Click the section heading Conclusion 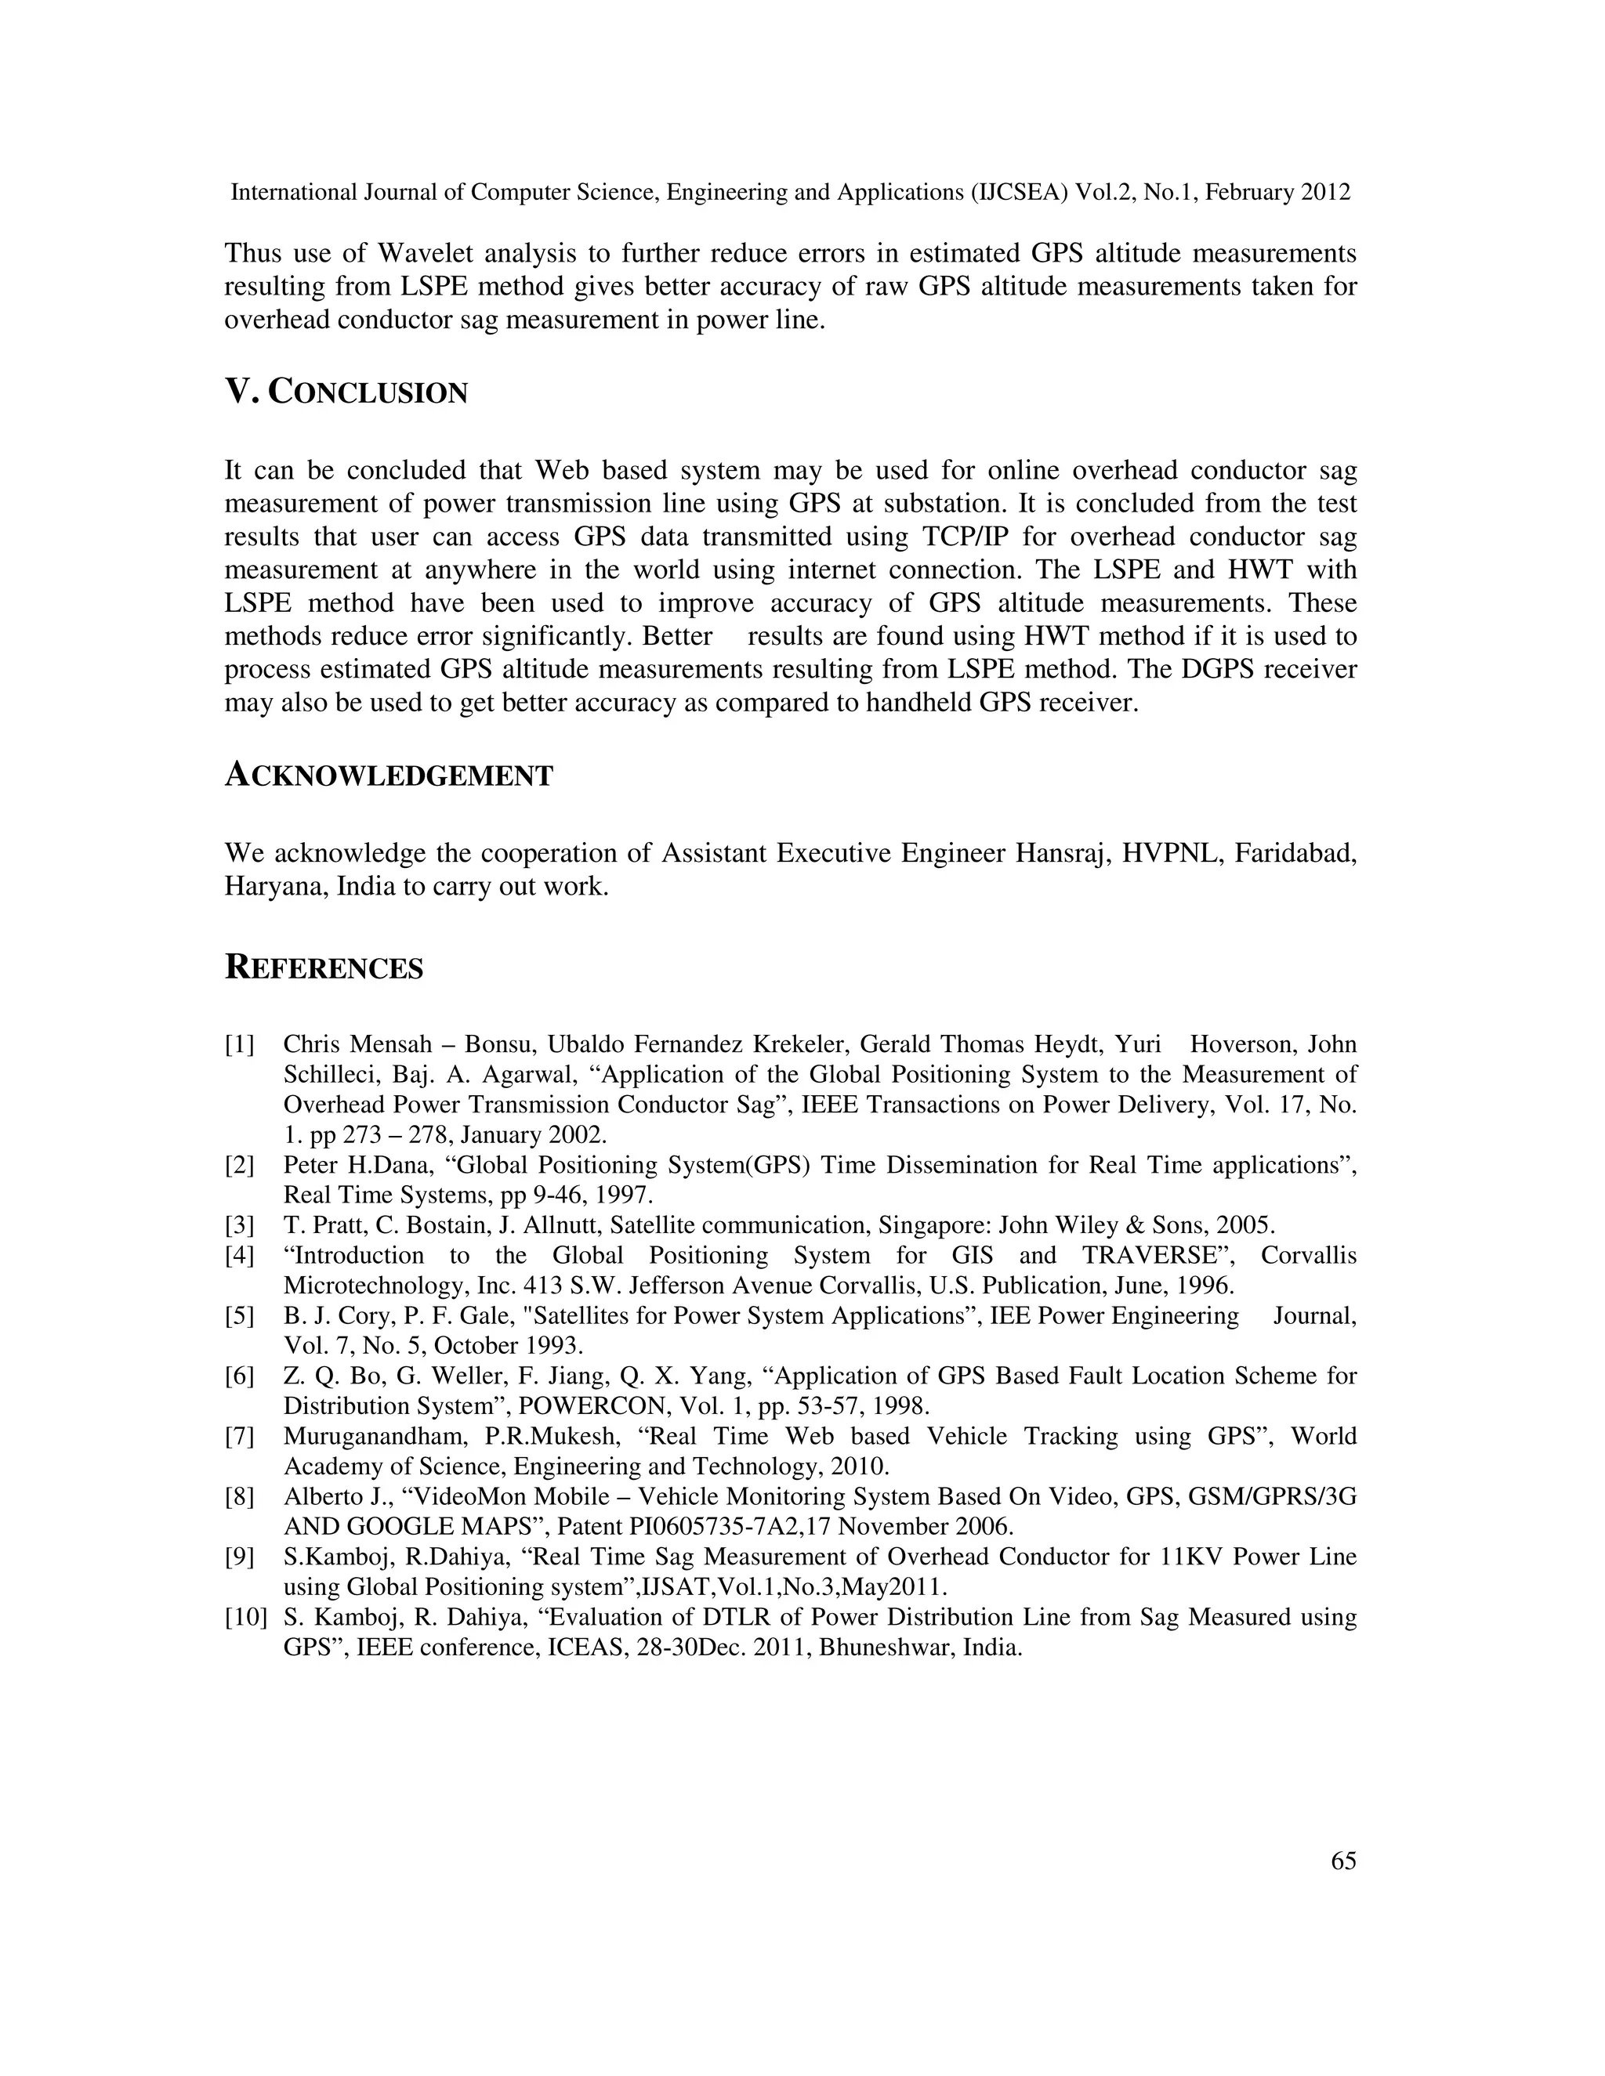346,392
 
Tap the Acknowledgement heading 388,776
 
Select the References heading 324,967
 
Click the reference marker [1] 240,1044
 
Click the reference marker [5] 240,1315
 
